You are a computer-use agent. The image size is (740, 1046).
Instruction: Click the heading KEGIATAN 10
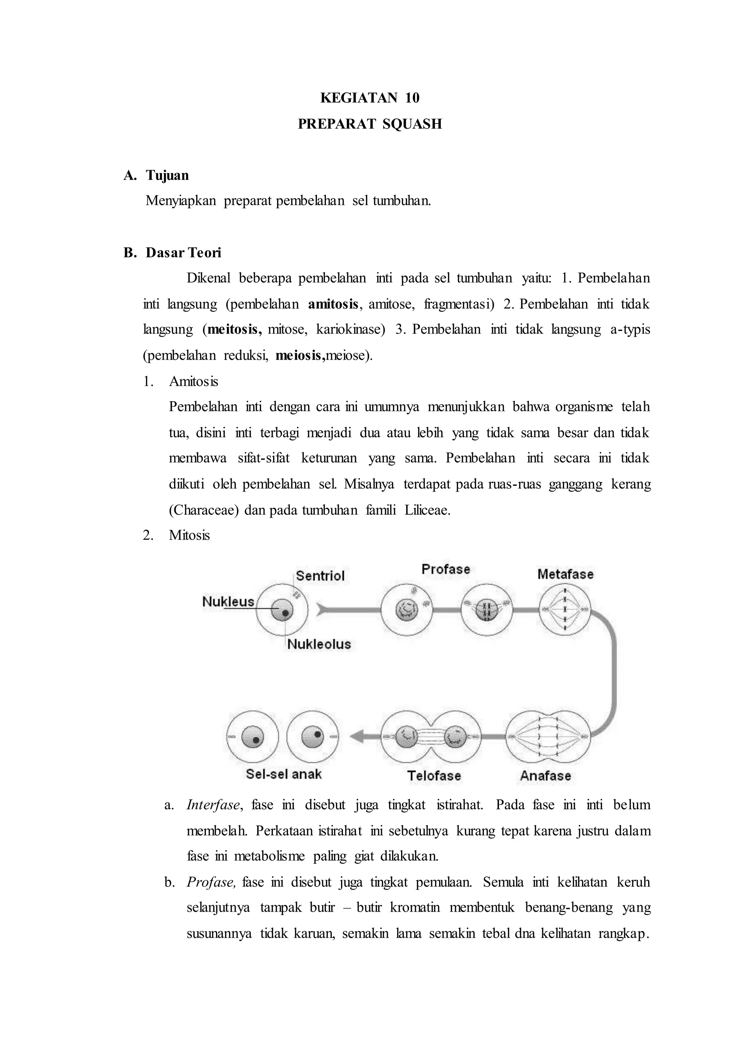[370, 98]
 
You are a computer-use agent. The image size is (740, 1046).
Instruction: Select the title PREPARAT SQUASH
[370, 124]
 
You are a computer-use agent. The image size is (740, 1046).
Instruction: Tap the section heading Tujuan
[167, 176]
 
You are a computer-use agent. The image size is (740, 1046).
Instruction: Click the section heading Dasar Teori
[183, 253]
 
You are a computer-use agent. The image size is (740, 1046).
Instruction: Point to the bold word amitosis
[333, 304]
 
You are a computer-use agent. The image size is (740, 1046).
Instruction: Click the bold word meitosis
[234, 329]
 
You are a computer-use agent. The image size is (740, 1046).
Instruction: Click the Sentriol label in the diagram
[320, 575]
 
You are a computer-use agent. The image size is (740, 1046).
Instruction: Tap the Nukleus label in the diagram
[228, 601]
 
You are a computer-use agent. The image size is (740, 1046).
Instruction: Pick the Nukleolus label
[319, 644]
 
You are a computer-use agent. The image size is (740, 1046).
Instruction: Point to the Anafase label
[546, 775]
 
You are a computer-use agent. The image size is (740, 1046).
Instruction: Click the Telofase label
[434, 775]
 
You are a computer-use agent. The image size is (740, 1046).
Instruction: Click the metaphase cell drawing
[564, 609]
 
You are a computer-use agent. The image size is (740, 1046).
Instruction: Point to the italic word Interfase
[213, 805]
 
